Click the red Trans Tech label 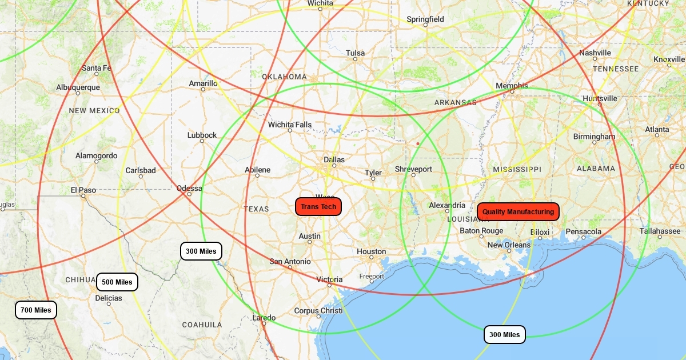(x=318, y=207)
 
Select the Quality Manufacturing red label (x=518, y=211)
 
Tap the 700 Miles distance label (x=36, y=310)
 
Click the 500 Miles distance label (x=117, y=282)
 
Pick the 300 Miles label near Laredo (x=201, y=251)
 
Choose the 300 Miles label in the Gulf (x=504, y=334)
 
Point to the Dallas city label (x=334, y=159)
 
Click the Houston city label (x=372, y=251)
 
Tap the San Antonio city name (x=290, y=262)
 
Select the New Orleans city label (x=509, y=245)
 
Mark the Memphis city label (x=512, y=86)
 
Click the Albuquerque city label (x=78, y=87)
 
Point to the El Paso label (x=83, y=190)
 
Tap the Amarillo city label (x=203, y=83)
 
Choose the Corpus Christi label (x=318, y=311)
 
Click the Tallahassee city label (x=660, y=231)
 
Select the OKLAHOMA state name (x=284, y=77)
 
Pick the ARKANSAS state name (x=455, y=103)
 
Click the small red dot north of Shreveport (x=418, y=143)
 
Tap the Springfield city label (x=425, y=19)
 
